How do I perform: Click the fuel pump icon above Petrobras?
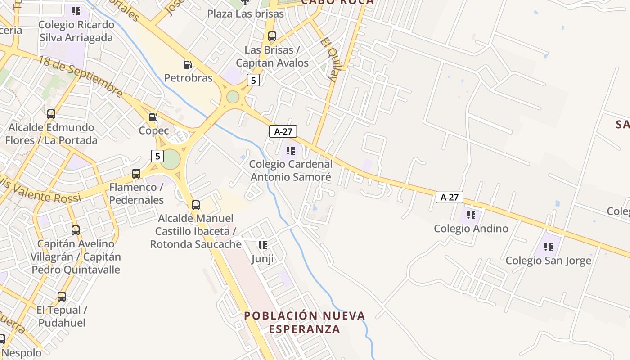pyautogui.click(x=188, y=65)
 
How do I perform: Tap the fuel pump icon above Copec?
pyautogui.click(x=153, y=117)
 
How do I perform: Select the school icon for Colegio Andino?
pyautogui.click(x=471, y=215)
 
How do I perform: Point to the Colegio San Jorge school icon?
pyautogui.click(x=549, y=247)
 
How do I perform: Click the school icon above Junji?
pyautogui.click(x=263, y=245)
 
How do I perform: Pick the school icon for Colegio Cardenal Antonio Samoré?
pyautogui.click(x=291, y=151)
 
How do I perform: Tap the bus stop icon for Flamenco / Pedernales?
pyautogui.click(x=136, y=174)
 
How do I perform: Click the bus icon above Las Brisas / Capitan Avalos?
pyautogui.click(x=272, y=36)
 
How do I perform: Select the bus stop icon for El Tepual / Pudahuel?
pyautogui.click(x=62, y=297)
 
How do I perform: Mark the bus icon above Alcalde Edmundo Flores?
pyautogui.click(x=51, y=114)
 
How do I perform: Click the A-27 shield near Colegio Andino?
pyautogui.click(x=449, y=197)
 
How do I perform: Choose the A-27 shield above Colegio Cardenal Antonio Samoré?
pyautogui.click(x=283, y=131)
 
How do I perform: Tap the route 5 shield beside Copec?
pyautogui.click(x=157, y=156)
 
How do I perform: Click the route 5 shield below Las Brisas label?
pyautogui.click(x=253, y=81)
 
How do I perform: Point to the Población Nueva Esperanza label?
pyautogui.click(x=305, y=322)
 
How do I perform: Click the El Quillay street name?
pyautogui.click(x=329, y=59)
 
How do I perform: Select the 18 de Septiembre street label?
pyautogui.click(x=81, y=76)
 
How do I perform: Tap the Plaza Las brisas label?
pyautogui.click(x=246, y=13)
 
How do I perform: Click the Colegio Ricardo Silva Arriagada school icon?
pyautogui.click(x=76, y=11)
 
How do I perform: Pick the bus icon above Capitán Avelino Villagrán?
pyautogui.click(x=76, y=230)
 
